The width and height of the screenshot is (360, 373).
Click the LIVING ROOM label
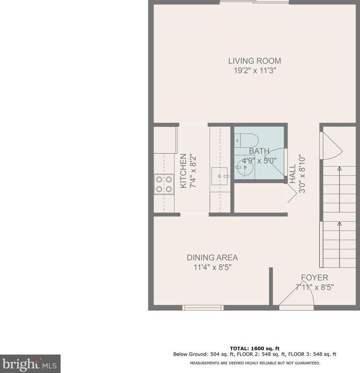click(x=254, y=61)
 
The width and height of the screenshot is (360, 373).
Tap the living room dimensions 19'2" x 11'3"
click(x=254, y=71)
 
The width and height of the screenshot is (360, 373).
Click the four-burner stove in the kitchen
click(x=164, y=184)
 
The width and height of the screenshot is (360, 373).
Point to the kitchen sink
click(x=219, y=176)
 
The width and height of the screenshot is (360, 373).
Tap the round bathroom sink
click(x=245, y=166)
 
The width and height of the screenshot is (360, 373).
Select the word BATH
click(x=259, y=151)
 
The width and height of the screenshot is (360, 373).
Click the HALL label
click(x=293, y=174)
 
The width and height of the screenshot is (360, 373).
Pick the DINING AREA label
click(x=212, y=257)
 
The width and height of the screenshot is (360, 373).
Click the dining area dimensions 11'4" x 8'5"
click(x=212, y=267)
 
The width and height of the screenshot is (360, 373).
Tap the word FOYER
click(x=314, y=277)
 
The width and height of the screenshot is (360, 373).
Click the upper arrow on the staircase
click(x=339, y=169)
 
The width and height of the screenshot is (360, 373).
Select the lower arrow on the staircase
click(x=339, y=224)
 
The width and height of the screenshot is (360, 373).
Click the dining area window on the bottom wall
click(x=203, y=307)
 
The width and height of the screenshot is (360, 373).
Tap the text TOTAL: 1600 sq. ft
click(x=254, y=348)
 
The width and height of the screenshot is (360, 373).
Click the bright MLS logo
click(x=30, y=364)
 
